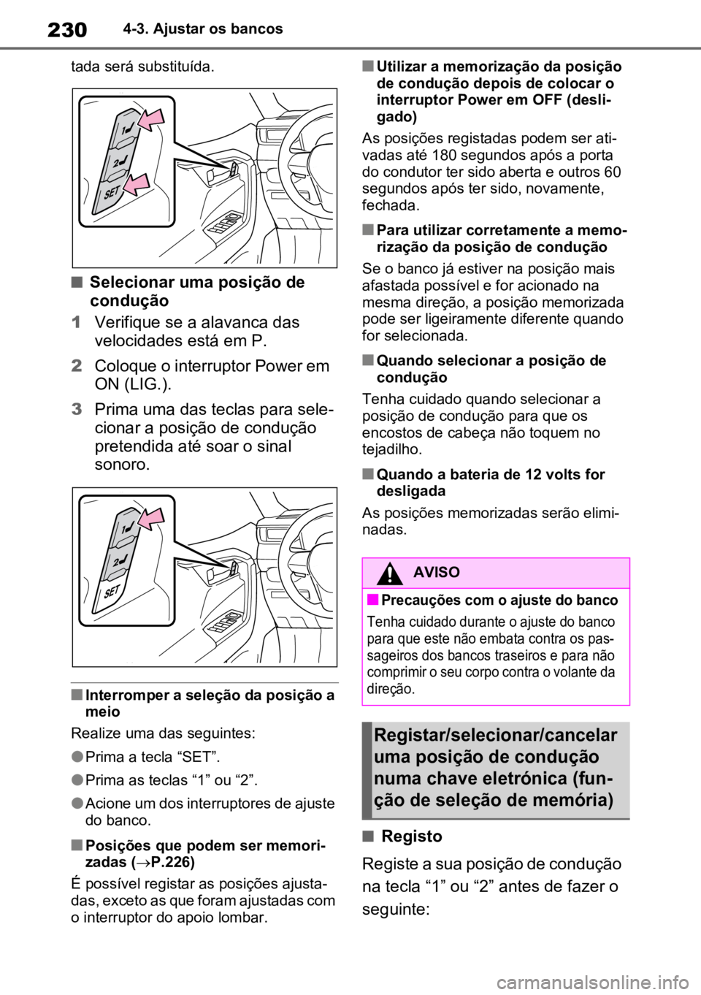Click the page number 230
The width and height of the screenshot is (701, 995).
click(67, 30)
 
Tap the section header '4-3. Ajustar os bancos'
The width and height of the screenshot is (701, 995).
click(203, 29)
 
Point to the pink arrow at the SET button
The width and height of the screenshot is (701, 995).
click(137, 184)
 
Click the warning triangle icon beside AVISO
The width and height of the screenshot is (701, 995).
click(389, 573)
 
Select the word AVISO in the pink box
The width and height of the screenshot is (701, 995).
click(437, 572)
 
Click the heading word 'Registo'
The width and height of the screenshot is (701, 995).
click(412, 836)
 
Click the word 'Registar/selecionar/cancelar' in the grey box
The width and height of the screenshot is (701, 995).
click(496, 736)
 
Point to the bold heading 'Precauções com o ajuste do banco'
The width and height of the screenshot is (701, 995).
click(499, 600)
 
